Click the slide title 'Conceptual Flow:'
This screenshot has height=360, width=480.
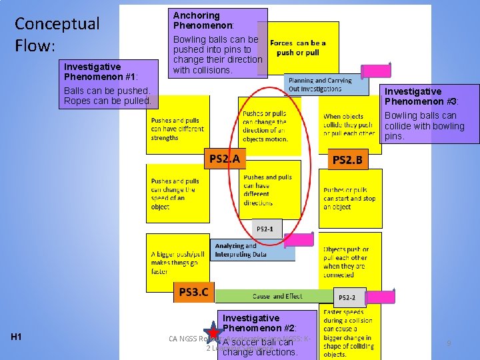[x=57, y=35]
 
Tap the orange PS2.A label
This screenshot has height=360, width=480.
[x=225, y=159]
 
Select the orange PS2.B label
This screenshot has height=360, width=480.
[x=347, y=159]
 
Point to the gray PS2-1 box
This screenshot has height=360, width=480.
[x=265, y=229]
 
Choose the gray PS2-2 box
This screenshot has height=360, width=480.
[x=347, y=297]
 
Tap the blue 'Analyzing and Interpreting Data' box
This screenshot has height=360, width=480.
[x=252, y=250]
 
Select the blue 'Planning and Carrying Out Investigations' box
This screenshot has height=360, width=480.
[x=325, y=85]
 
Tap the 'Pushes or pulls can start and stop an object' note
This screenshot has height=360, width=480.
[x=350, y=198]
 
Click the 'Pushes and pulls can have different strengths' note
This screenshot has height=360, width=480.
[x=177, y=129]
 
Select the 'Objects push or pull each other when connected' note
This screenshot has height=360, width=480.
[x=350, y=262]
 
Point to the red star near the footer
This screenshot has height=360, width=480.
[x=213, y=332]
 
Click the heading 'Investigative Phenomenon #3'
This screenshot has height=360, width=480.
[x=413, y=96]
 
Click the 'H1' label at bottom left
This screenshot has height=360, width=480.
[x=17, y=337]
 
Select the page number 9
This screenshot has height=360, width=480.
[x=449, y=343]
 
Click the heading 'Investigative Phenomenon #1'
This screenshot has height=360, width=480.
[x=92, y=71]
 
